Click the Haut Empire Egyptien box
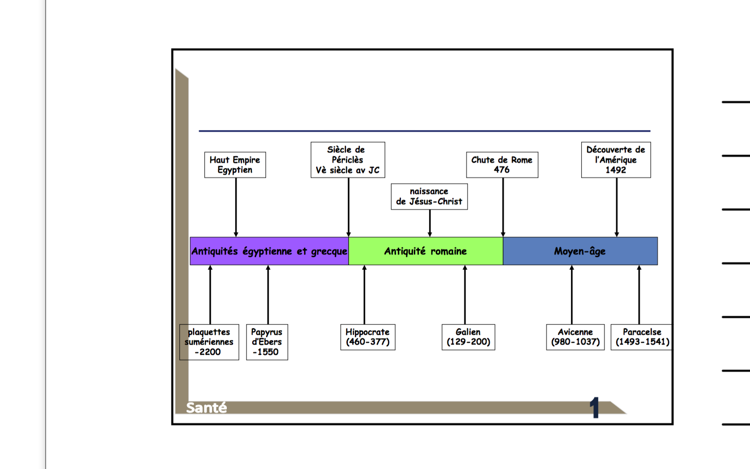235,165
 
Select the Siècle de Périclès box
348,160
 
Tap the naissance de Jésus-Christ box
429,197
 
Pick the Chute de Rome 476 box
502,165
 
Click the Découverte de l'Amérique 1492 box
616,160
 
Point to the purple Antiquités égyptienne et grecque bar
269,251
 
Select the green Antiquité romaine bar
425,251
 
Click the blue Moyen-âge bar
580,251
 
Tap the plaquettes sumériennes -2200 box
209,342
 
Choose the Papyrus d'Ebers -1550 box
267,342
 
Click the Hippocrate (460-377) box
367,337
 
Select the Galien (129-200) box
468,337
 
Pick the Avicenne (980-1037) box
575,337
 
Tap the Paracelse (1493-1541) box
642,337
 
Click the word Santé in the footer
206,408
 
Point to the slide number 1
594,408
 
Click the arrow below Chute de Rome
503,207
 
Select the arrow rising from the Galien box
465,295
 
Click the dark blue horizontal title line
424,131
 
